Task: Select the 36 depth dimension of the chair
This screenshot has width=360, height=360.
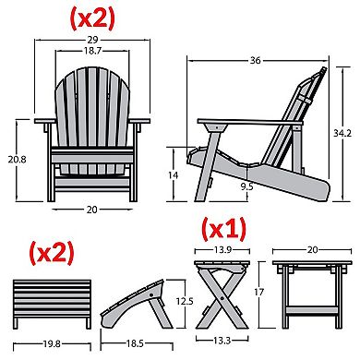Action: (256, 61)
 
